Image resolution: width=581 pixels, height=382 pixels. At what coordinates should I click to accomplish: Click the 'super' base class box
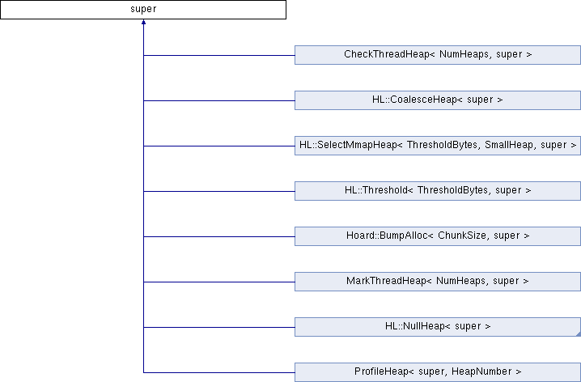coord(143,10)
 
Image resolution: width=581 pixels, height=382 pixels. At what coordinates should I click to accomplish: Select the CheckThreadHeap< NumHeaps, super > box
coord(438,55)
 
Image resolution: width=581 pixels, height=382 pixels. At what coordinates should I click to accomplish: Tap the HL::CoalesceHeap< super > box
coord(438,100)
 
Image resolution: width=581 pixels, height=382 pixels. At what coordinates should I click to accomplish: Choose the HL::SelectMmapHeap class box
coord(438,146)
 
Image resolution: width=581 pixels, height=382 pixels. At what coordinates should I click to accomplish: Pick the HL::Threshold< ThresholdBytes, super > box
coord(438,191)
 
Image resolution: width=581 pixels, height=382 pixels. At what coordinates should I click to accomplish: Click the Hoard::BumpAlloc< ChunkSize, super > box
coord(438,236)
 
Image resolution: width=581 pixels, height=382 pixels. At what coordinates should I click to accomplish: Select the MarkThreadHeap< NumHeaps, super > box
coord(438,282)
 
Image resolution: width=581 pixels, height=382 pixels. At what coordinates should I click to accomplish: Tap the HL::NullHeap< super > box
coord(438,327)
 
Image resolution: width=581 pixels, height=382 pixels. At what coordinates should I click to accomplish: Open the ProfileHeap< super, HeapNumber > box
coord(438,372)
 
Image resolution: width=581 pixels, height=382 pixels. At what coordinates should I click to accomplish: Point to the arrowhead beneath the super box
coord(143,22)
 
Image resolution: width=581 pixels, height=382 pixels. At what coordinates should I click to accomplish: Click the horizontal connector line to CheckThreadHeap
coord(219,55)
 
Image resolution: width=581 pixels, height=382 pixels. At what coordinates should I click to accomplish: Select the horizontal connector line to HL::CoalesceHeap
coord(219,100)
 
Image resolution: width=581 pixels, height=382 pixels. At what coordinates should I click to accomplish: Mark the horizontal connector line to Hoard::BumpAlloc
coord(219,236)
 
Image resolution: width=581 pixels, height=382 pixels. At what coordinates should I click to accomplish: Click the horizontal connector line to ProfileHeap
coord(219,372)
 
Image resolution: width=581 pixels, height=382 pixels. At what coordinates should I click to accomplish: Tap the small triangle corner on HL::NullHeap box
coord(579,334)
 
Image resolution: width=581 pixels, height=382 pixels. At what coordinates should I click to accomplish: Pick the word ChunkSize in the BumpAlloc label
coord(462,236)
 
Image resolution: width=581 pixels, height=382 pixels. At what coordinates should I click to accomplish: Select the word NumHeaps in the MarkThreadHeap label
coord(460,281)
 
